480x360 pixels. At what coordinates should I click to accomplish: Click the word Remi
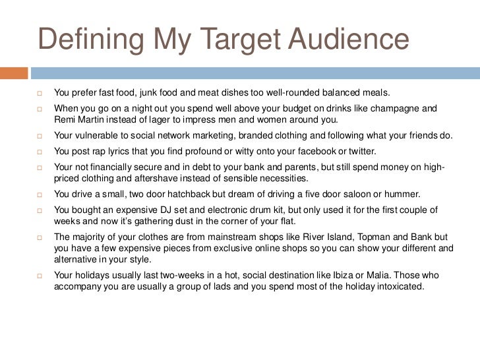[x=65, y=119]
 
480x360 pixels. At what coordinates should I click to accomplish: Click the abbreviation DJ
[x=171, y=208]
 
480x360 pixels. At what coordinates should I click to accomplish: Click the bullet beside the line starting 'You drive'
[x=40, y=195]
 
